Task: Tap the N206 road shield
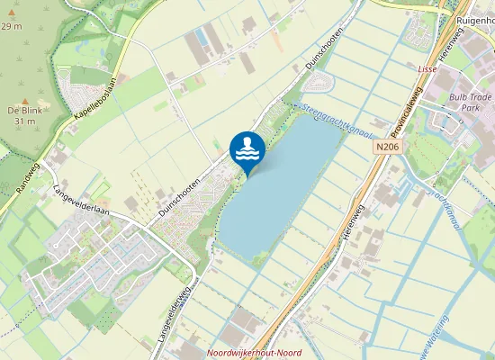[x=387, y=147]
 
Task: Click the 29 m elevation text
[x=11, y=26]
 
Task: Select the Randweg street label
[x=28, y=177]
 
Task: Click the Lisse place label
[x=427, y=68]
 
